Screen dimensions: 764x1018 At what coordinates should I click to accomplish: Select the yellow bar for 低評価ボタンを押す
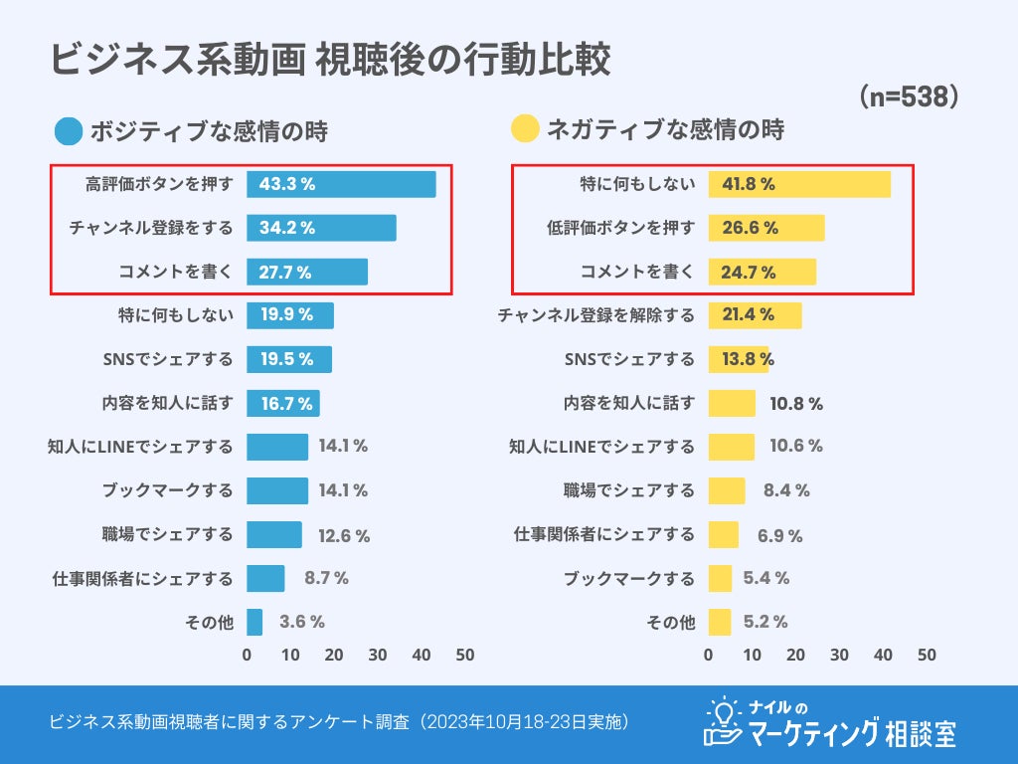(x=766, y=228)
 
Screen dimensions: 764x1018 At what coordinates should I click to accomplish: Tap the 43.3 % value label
(x=287, y=184)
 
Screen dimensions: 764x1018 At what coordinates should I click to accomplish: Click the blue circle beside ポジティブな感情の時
(x=69, y=131)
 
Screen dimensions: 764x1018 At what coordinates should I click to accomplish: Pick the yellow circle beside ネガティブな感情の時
(x=525, y=129)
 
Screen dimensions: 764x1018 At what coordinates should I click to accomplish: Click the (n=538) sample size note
(x=908, y=95)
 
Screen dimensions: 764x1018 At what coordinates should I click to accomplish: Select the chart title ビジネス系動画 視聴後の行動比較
(x=331, y=60)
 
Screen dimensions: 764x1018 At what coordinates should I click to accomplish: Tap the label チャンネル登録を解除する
(x=596, y=315)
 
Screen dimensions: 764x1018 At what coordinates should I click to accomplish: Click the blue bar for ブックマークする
(x=277, y=490)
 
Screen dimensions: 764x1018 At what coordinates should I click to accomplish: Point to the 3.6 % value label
(x=302, y=622)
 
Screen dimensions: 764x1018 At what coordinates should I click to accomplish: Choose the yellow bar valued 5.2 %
(x=720, y=622)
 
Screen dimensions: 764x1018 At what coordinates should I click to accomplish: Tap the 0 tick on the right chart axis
(x=709, y=655)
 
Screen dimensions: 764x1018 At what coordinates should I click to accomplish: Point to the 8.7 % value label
(x=326, y=578)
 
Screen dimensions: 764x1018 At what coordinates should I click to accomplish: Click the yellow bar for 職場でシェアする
(x=727, y=490)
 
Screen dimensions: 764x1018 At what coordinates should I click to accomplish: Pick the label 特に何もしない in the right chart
(x=637, y=184)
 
